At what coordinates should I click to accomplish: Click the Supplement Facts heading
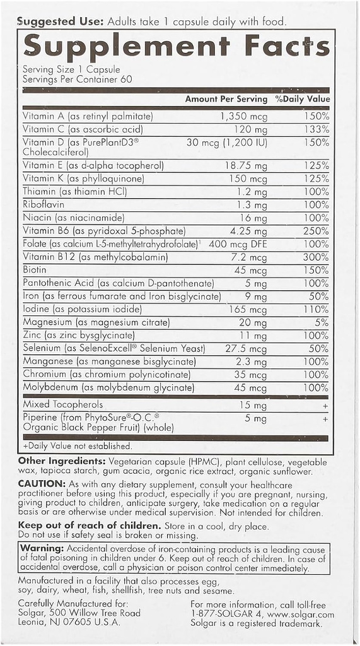pyautogui.click(x=176, y=47)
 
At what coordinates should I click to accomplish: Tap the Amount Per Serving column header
pyautogui.click(x=226, y=99)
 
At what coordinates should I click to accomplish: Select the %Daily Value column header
pyautogui.click(x=302, y=99)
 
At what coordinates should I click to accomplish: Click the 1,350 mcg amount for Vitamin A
pyautogui.click(x=243, y=116)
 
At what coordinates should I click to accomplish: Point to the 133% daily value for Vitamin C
pyautogui.click(x=315, y=129)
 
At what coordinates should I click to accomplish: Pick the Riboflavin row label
pyautogui.click(x=44, y=204)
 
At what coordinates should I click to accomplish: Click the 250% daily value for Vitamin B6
pyautogui.click(x=315, y=231)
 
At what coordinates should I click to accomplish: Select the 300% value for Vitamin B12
pyautogui.click(x=315, y=257)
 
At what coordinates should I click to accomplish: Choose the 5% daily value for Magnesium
pyautogui.click(x=322, y=322)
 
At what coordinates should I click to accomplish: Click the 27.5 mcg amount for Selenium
pyautogui.click(x=246, y=348)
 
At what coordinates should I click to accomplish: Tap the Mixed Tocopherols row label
pyautogui.click(x=62, y=404)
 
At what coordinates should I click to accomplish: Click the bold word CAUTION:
pyautogui.click(x=42, y=483)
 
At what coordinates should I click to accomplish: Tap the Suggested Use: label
pyautogui.click(x=61, y=21)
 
